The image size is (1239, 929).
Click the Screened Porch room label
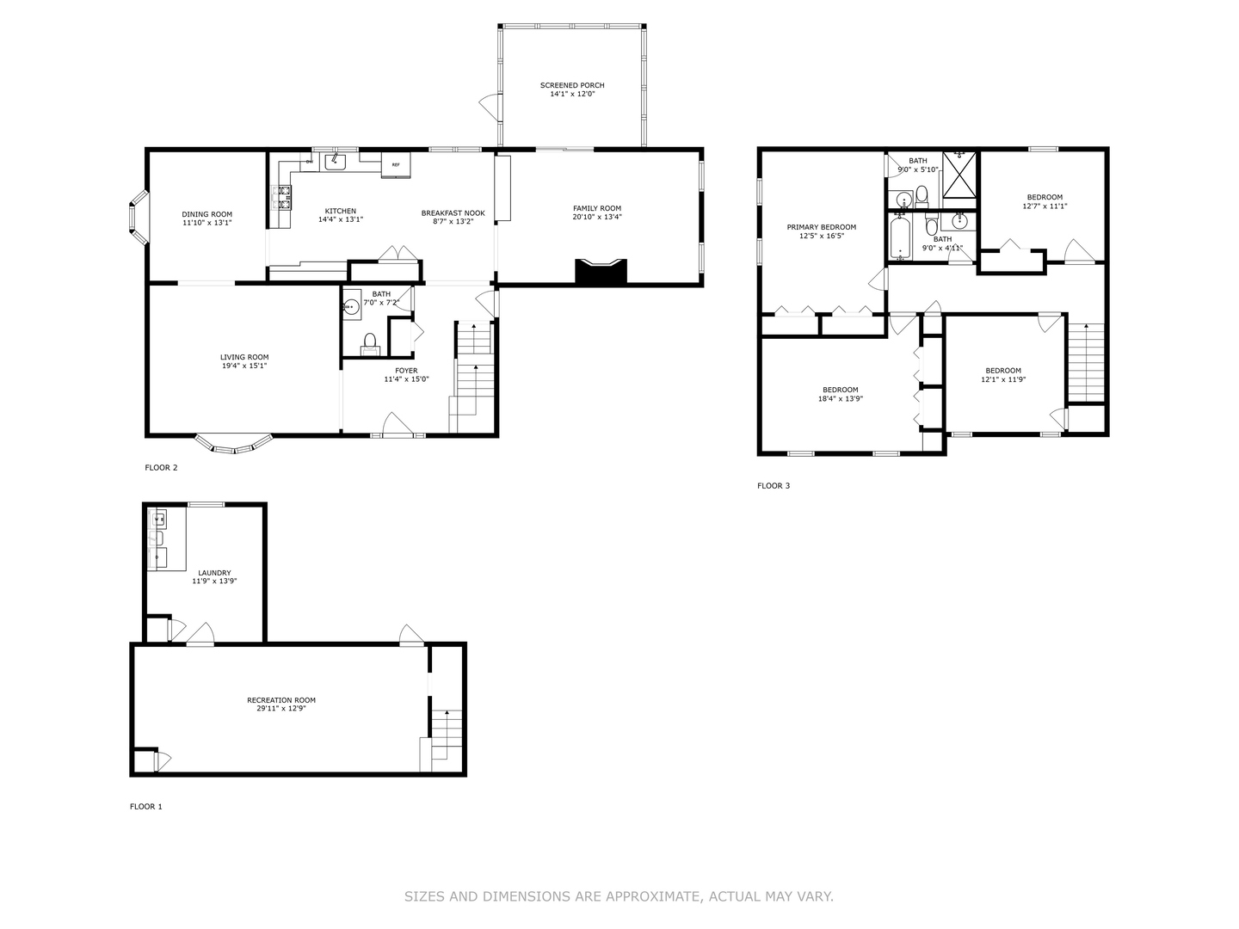coord(572,85)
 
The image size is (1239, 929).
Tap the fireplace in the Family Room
coord(601,271)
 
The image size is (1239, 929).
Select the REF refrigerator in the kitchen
coord(396,165)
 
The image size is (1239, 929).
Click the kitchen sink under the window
coord(336,162)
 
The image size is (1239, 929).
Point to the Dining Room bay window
coord(139,217)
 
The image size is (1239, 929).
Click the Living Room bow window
coord(234,445)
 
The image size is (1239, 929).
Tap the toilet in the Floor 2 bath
coord(370,345)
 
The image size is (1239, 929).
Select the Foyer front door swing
coord(398,425)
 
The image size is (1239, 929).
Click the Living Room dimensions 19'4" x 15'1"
coord(244,366)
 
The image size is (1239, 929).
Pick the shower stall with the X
coord(959,175)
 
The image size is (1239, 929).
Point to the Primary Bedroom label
coord(822,227)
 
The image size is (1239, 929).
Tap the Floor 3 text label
coord(774,486)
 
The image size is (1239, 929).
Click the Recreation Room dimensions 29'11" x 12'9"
coord(281,709)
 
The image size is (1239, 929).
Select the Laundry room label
coord(214,573)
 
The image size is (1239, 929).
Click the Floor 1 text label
coord(145,807)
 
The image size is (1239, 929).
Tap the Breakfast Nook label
coord(453,213)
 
